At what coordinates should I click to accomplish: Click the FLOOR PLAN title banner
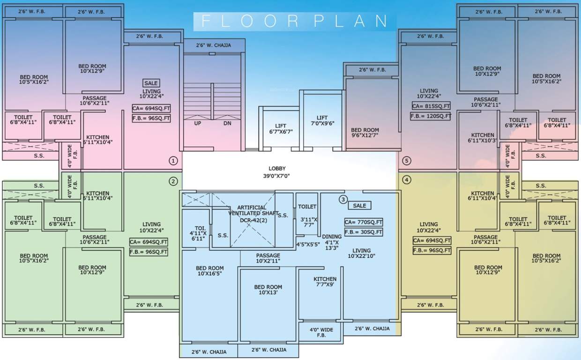pos(295,21)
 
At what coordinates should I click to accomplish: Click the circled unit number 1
pos(173,161)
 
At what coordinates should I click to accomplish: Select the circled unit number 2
pos(173,181)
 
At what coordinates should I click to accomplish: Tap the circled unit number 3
pos(343,199)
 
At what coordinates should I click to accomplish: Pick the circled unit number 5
pos(406,161)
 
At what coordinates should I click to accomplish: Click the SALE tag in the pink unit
pos(151,83)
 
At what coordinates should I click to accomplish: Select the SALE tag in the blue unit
pos(359,205)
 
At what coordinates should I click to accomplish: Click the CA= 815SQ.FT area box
pos(431,106)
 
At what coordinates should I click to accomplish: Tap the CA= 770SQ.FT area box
pos(364,222)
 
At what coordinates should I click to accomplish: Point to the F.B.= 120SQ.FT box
pos(431,116)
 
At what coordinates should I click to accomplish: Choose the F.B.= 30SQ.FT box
pos(364,232)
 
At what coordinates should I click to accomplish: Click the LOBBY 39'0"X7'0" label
pos(277,172)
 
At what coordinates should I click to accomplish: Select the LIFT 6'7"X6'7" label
pos(281,128)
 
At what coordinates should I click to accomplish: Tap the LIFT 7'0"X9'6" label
pos(322,120)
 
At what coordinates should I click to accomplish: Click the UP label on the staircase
pos(198,123)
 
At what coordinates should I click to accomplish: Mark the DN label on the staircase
pos(227,123)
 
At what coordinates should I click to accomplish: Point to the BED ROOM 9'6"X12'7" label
pos(365,133)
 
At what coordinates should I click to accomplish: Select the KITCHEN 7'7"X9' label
pos(325,281)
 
